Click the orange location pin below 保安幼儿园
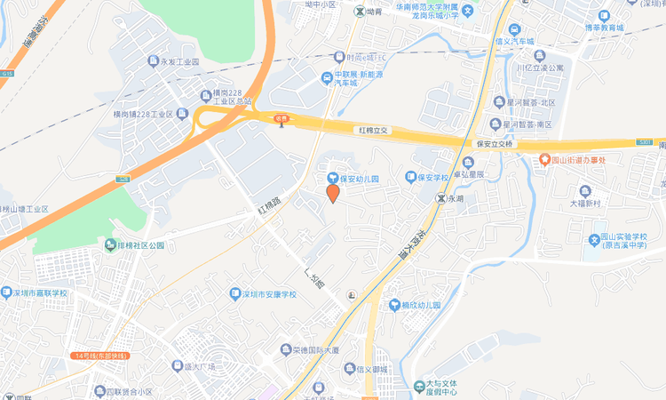point(332,193)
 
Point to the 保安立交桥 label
point(496,143)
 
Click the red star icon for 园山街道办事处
point(544,160)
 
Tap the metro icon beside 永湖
point(440,199)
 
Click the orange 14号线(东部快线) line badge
point(103,356)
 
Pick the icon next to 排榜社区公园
point(110,244)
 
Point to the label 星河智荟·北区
point(529,102)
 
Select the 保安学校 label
point(434,178)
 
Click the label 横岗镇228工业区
point(137,115)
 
